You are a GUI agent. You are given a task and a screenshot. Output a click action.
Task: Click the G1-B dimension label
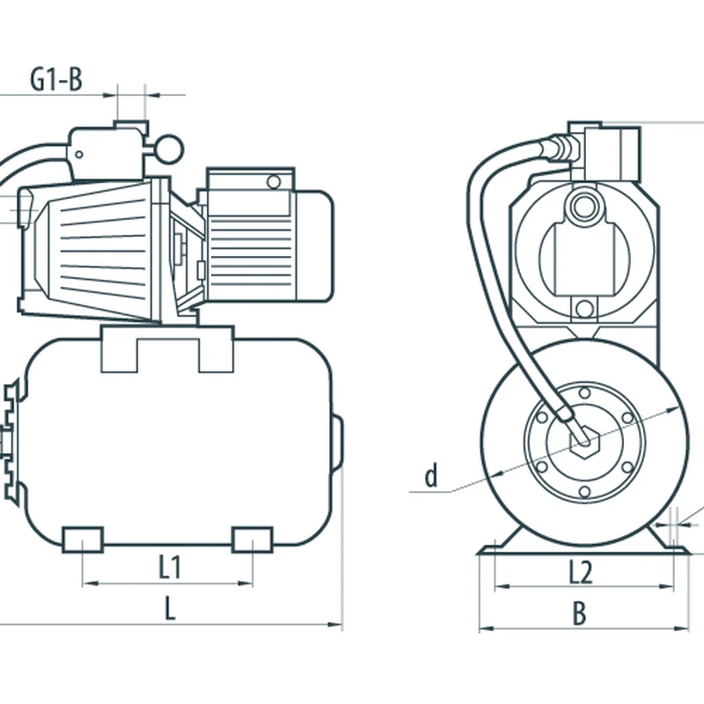point(56,79)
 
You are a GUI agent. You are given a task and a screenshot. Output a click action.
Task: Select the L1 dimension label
point(170,567)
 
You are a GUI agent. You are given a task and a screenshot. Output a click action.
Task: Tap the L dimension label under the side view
point(170,608)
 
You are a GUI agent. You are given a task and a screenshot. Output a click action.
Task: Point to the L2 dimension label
point(581,572)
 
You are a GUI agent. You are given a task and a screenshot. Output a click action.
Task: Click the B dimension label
point(580,612)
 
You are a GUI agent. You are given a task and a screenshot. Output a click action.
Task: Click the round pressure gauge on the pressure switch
point(170,149)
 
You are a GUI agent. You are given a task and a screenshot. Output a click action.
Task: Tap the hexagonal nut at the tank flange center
point(584,442)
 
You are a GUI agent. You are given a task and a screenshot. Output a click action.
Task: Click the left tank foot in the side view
point(83,539)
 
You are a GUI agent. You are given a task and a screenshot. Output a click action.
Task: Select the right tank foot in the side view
point(252,539)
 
